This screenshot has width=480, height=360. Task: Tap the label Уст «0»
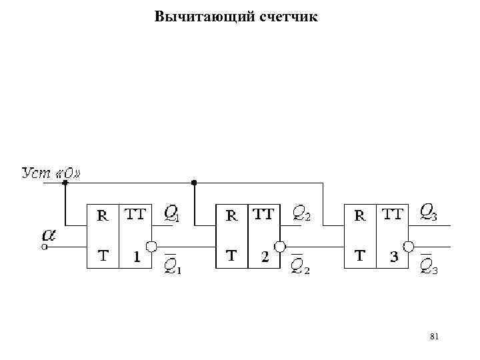coord(51,174)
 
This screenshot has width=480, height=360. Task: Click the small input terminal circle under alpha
coord(45,247)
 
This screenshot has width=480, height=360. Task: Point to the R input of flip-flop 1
coord(103,215)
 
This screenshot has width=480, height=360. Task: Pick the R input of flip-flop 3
coord(359,215)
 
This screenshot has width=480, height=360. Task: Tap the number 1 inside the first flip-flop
coord(136,255)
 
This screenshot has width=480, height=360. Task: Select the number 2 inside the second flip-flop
coord(265,256)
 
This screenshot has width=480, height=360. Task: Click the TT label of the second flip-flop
coord(263,215)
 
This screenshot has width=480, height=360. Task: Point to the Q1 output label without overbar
coord(171,214)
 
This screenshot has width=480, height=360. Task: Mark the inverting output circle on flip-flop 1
coord(151,246)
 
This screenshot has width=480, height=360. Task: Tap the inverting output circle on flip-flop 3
coord(408,246)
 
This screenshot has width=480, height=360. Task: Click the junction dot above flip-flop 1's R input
coord(65,182)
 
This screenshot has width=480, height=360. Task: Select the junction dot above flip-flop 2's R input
coord(194,182)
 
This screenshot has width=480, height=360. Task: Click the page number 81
coord(435,337)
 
